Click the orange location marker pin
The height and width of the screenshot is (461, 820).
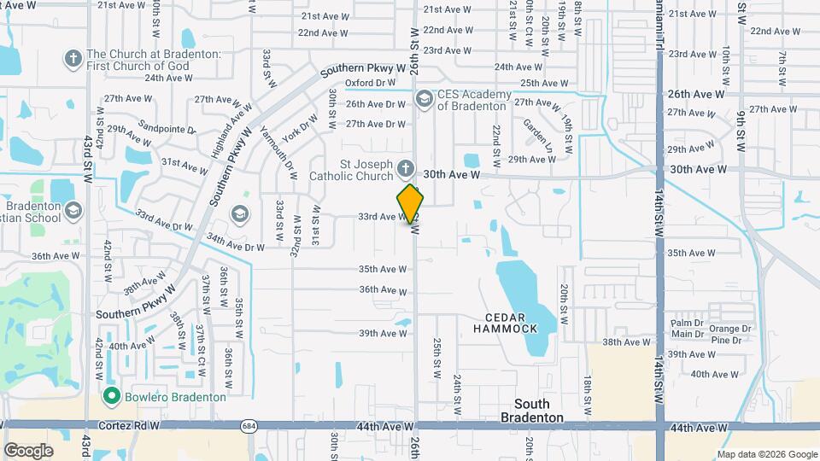[410, 204]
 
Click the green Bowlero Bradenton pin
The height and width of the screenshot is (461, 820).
[110, 396]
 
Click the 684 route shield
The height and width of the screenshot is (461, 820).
[249, 426]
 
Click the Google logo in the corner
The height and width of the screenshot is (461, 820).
[28, 450]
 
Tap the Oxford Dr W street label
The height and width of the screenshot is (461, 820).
[370, 83]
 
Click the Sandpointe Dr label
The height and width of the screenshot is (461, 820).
[167, 126]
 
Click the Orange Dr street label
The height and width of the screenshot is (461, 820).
[729, 329]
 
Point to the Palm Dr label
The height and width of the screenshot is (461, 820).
[686, 324]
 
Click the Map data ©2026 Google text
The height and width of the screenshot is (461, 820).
[766, 454]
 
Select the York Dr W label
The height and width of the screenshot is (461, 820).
[300, 127]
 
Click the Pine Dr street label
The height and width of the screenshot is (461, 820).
[724, 341]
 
